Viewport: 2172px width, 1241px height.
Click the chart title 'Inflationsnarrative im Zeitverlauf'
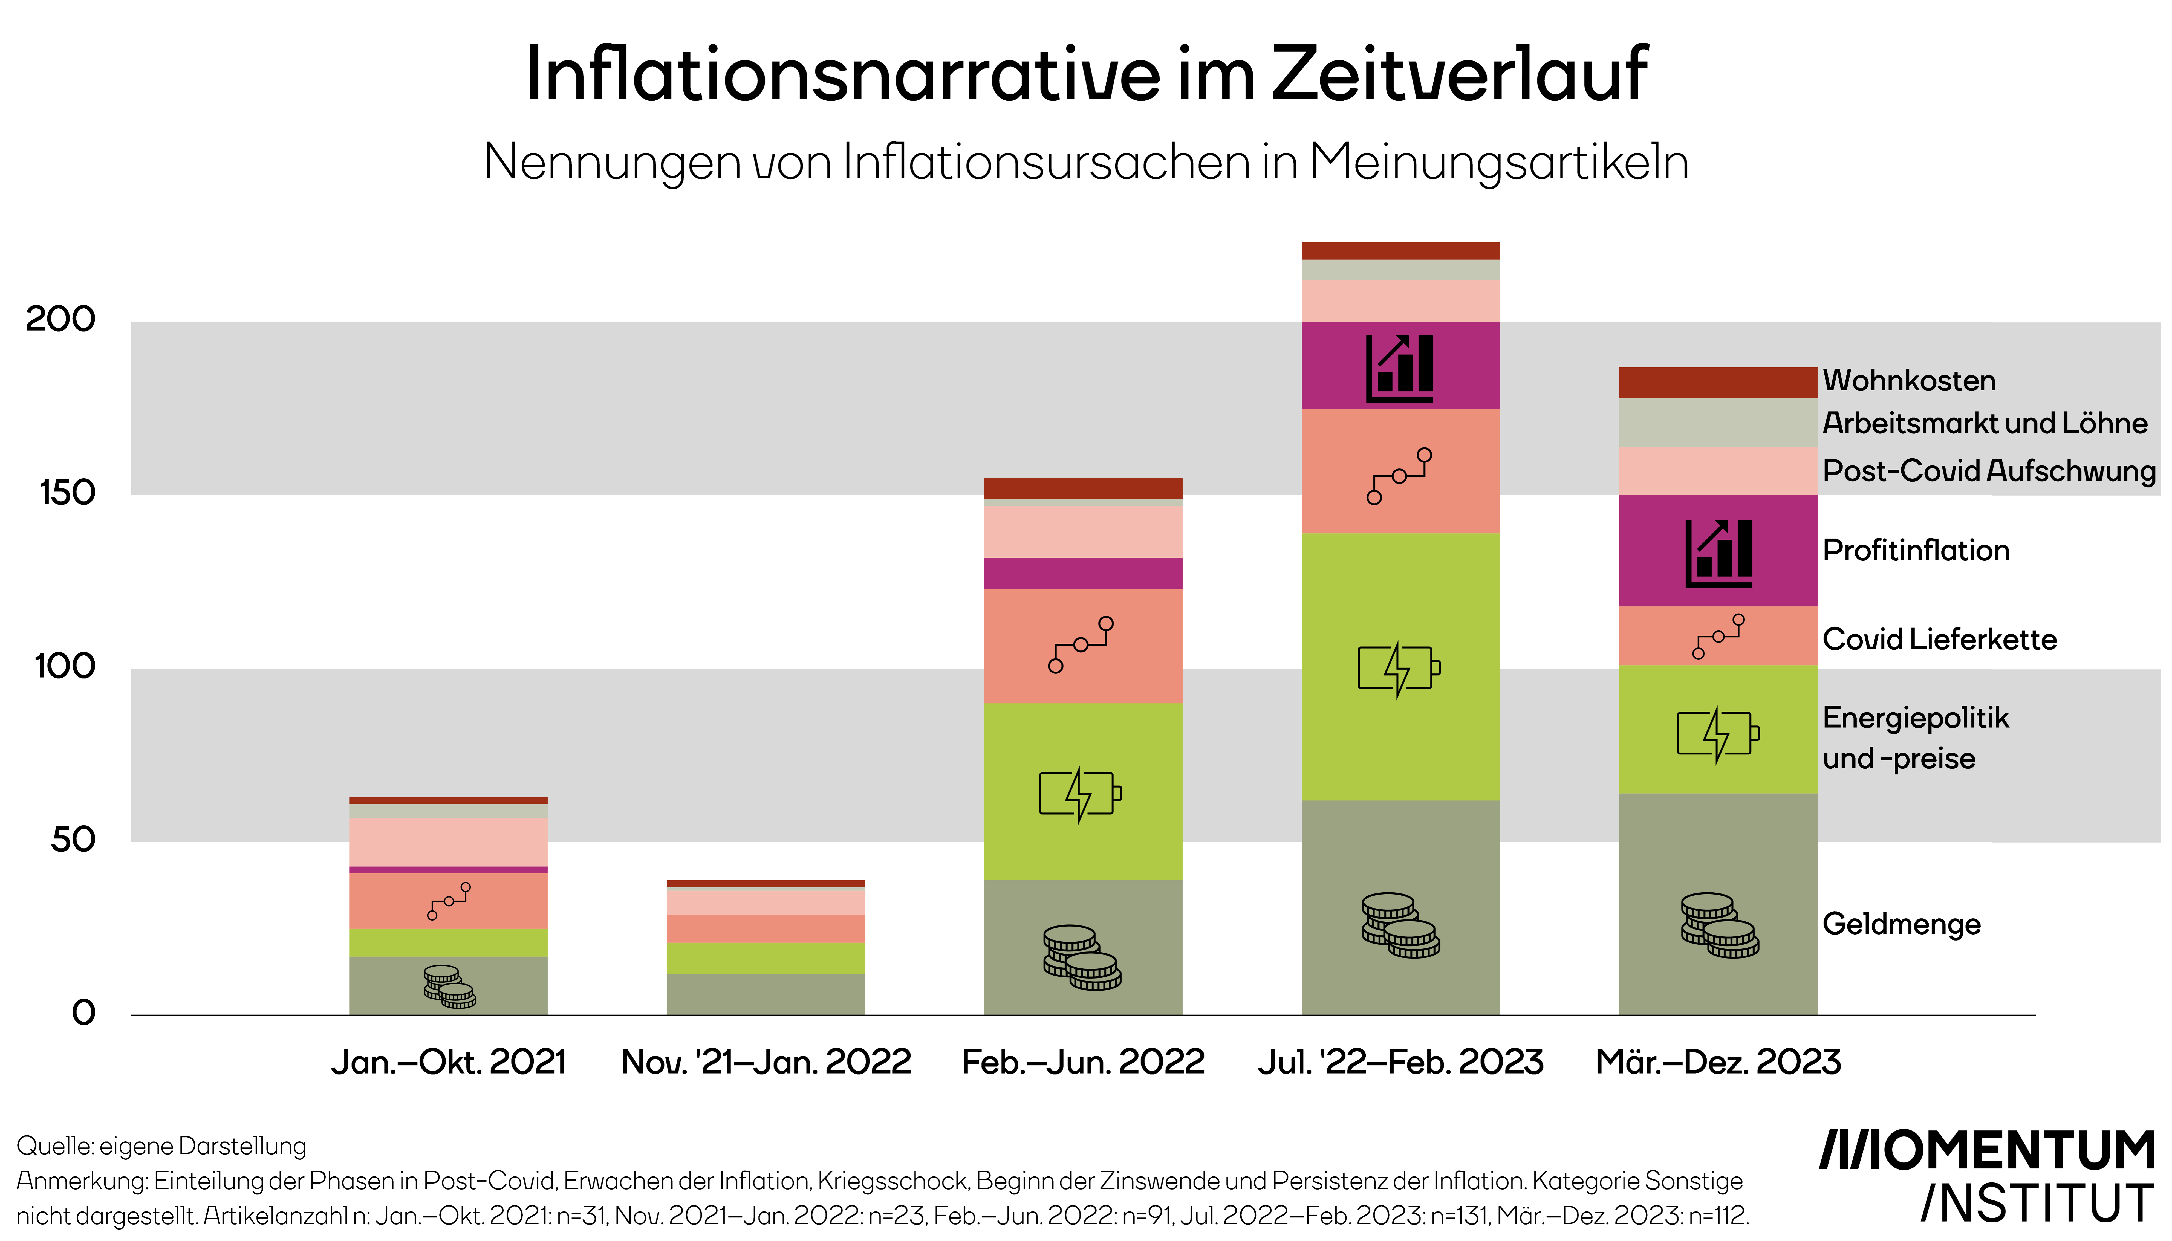1086,75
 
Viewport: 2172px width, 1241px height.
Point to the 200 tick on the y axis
60,320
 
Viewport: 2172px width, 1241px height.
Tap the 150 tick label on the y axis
67,493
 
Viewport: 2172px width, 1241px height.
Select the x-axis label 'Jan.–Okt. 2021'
448,1062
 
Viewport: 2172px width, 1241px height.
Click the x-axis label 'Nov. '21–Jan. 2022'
766,1062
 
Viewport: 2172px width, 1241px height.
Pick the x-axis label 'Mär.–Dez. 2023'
1718,1062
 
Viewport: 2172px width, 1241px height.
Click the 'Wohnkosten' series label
1909,380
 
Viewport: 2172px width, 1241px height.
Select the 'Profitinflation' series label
1916,551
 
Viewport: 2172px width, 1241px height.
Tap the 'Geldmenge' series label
1901,924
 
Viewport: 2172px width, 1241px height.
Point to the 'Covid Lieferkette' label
1939,639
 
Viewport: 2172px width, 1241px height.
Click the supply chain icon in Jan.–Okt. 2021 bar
448,901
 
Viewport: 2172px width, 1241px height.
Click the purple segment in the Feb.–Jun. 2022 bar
1083,574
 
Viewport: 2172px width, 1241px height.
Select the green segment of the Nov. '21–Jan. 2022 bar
766,958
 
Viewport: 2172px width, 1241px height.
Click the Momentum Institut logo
1986,1176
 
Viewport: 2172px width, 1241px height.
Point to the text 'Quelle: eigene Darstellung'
161,1145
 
